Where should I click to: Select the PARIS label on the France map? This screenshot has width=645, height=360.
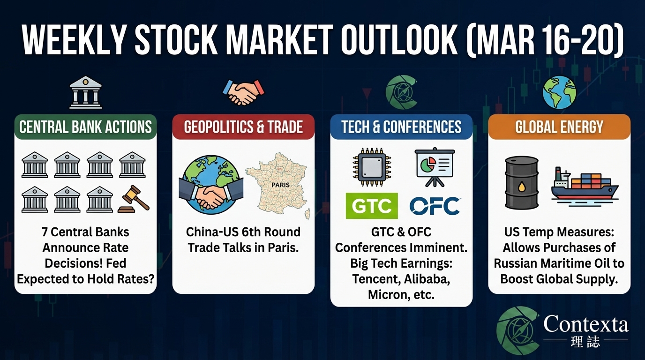[x=280, y=185]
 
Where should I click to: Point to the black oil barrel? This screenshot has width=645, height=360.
[x=521, y=183]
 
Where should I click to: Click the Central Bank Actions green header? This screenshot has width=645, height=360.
[x=85, y=127]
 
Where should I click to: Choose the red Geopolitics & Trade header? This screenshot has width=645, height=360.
[x=243, y=127]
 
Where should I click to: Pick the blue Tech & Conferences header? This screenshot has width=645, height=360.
[x=401, y=127]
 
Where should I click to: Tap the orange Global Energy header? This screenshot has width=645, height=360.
[x=559, y=127]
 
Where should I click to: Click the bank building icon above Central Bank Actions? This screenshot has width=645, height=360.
[x=85, y=92]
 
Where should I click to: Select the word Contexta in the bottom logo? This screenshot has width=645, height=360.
[x=586, y=324]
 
